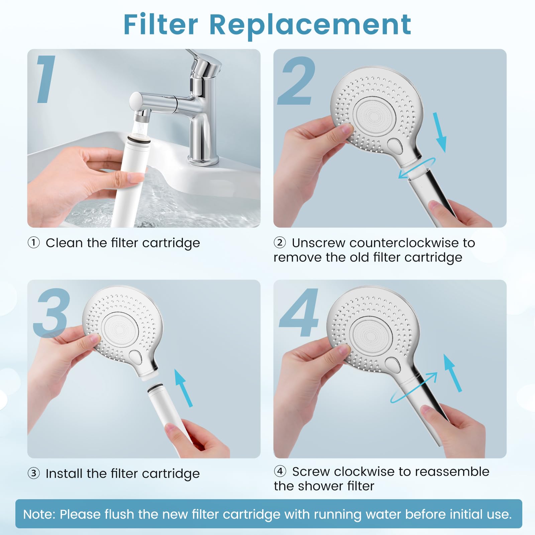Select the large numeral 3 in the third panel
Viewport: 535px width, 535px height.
pyautogui.click(x=51, y=312)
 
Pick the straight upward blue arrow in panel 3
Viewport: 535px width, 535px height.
pyautogui.click(x=184, y=388)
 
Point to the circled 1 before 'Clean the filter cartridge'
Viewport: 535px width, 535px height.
pyautogui.click(x=33, y=242)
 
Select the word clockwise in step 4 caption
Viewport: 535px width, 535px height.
pyautogui.click(x=365, y=471)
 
